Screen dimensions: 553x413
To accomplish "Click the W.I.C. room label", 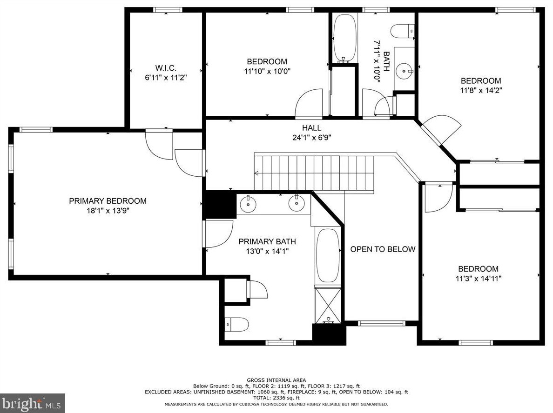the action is (x=166, y=68).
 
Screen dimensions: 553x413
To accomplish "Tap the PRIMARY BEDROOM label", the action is (x=108, y=201).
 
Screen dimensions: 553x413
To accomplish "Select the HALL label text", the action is (x=312, y=128).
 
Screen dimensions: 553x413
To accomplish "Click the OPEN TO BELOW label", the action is (x=383, y=249).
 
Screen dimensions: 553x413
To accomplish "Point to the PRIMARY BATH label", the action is (x=267, y=241).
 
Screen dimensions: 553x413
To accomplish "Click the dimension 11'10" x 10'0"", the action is (x=267, y=71).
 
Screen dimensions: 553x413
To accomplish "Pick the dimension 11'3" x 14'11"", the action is (x=479, y=279).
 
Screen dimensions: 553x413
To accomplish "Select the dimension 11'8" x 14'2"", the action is (x=481, y=90).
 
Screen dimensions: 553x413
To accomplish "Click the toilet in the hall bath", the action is (x=403, y=30).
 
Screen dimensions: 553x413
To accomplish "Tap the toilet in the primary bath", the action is (x=236, y=324).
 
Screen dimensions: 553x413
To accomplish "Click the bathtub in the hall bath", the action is (x=345, y=38).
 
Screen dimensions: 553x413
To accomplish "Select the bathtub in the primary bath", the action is (x=328, y=255).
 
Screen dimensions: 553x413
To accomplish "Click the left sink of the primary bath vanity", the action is (x=248, y=203).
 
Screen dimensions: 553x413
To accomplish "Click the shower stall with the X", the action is (x=328, y=306).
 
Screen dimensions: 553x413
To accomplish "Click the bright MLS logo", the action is (x=33, y=403).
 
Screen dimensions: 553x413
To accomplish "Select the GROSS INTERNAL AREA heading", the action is (x=276, y=380).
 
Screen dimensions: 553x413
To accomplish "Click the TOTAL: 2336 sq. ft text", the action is (x=276, y=398).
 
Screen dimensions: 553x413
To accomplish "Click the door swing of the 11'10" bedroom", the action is (x=309, y=103).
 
